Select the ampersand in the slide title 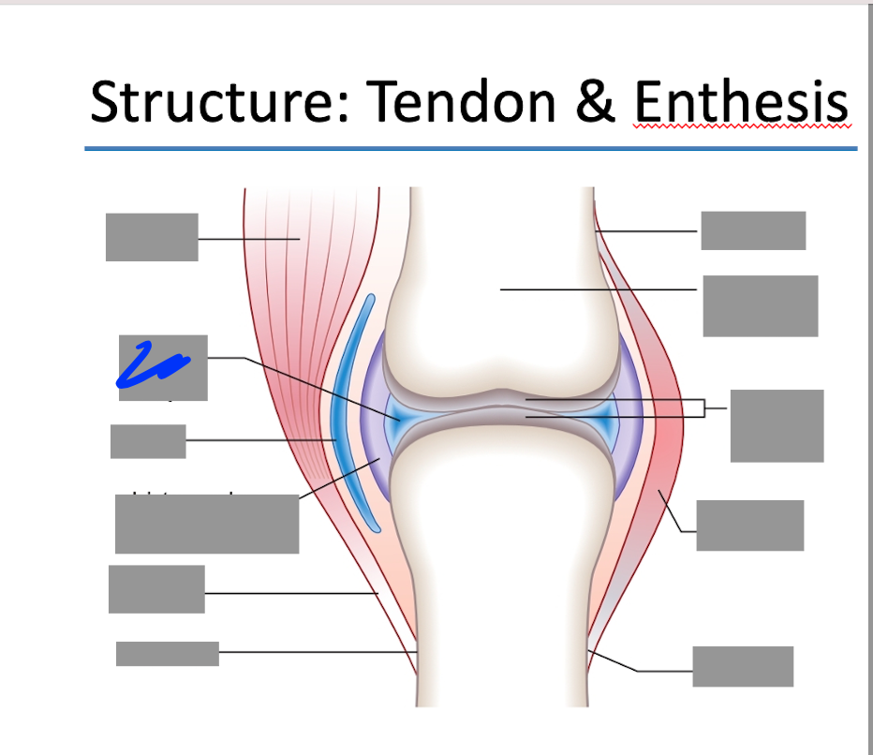click(594, 102)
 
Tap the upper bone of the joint click(496, 309)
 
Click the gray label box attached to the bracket click(777, 425)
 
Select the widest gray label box click(207, 525)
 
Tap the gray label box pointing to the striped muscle click(152, 237)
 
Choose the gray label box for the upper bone click(760, 305)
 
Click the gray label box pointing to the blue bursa click(148, 441)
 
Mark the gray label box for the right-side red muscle click(749, 526)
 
